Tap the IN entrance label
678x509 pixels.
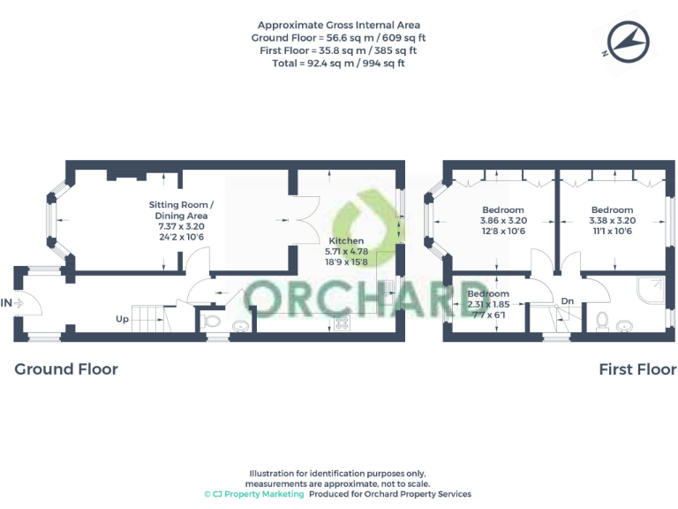tap(8, 303)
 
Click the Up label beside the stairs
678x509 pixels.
tap(124, 319)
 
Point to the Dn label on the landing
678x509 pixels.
tap(568, 301)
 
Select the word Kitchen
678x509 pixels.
tap(345, 240)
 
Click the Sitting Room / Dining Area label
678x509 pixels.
tap(181, 210)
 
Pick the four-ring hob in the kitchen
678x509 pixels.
tap(341, 323)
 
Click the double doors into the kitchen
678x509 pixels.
tap(304, 216)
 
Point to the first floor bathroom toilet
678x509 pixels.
tap(602, 319)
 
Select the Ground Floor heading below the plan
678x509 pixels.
tap(66, 369)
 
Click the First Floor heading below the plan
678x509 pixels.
tap(637, 369)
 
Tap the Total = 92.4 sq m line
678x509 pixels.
tap(339, 63)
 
